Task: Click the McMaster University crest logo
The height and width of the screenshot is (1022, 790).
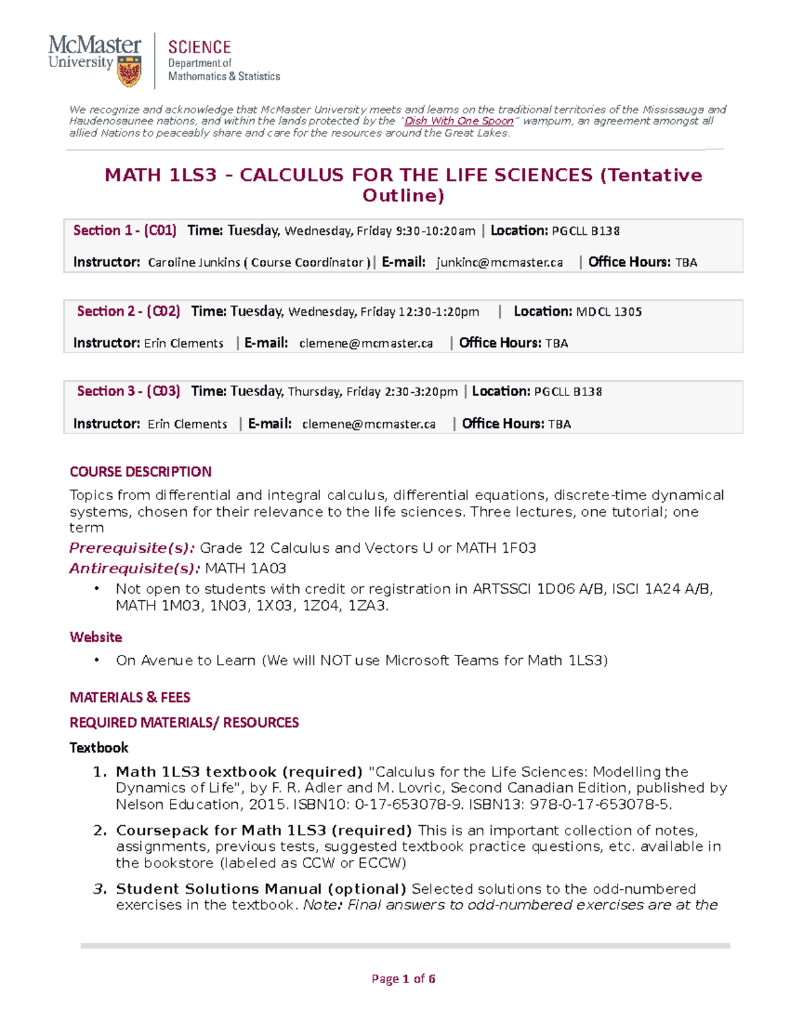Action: (x=129, y=71)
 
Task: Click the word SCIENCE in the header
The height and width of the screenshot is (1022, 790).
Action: (x=199, y=47)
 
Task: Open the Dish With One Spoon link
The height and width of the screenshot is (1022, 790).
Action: (x=459, y=121)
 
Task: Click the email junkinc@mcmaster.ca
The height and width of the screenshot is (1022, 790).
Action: (x=500, y=263)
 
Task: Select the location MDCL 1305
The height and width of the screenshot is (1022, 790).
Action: (x=609, y=312)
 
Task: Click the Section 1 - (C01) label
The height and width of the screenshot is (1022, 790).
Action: (x=124, y=230)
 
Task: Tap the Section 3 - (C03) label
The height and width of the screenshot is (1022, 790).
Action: (x=128, y=392)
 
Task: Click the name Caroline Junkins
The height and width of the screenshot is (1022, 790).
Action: (x=194, y=263)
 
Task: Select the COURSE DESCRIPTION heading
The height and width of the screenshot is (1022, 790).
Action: (x=140, y=472)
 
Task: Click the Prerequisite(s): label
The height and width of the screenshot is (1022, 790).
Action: (x=132, y=548)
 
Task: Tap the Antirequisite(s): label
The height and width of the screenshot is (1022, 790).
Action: (x=134, y=569)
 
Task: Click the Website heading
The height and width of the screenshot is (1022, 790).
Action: (x=95, y=637)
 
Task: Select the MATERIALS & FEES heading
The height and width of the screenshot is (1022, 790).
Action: (x=130, y=698)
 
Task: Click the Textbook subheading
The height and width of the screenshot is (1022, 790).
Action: (x=99, y=748)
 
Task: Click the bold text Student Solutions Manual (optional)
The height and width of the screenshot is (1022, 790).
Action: (x=261, y=889)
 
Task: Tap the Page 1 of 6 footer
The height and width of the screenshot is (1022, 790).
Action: (x=403, y=979)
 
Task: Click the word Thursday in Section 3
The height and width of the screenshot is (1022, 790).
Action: (x=314, y=392)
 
